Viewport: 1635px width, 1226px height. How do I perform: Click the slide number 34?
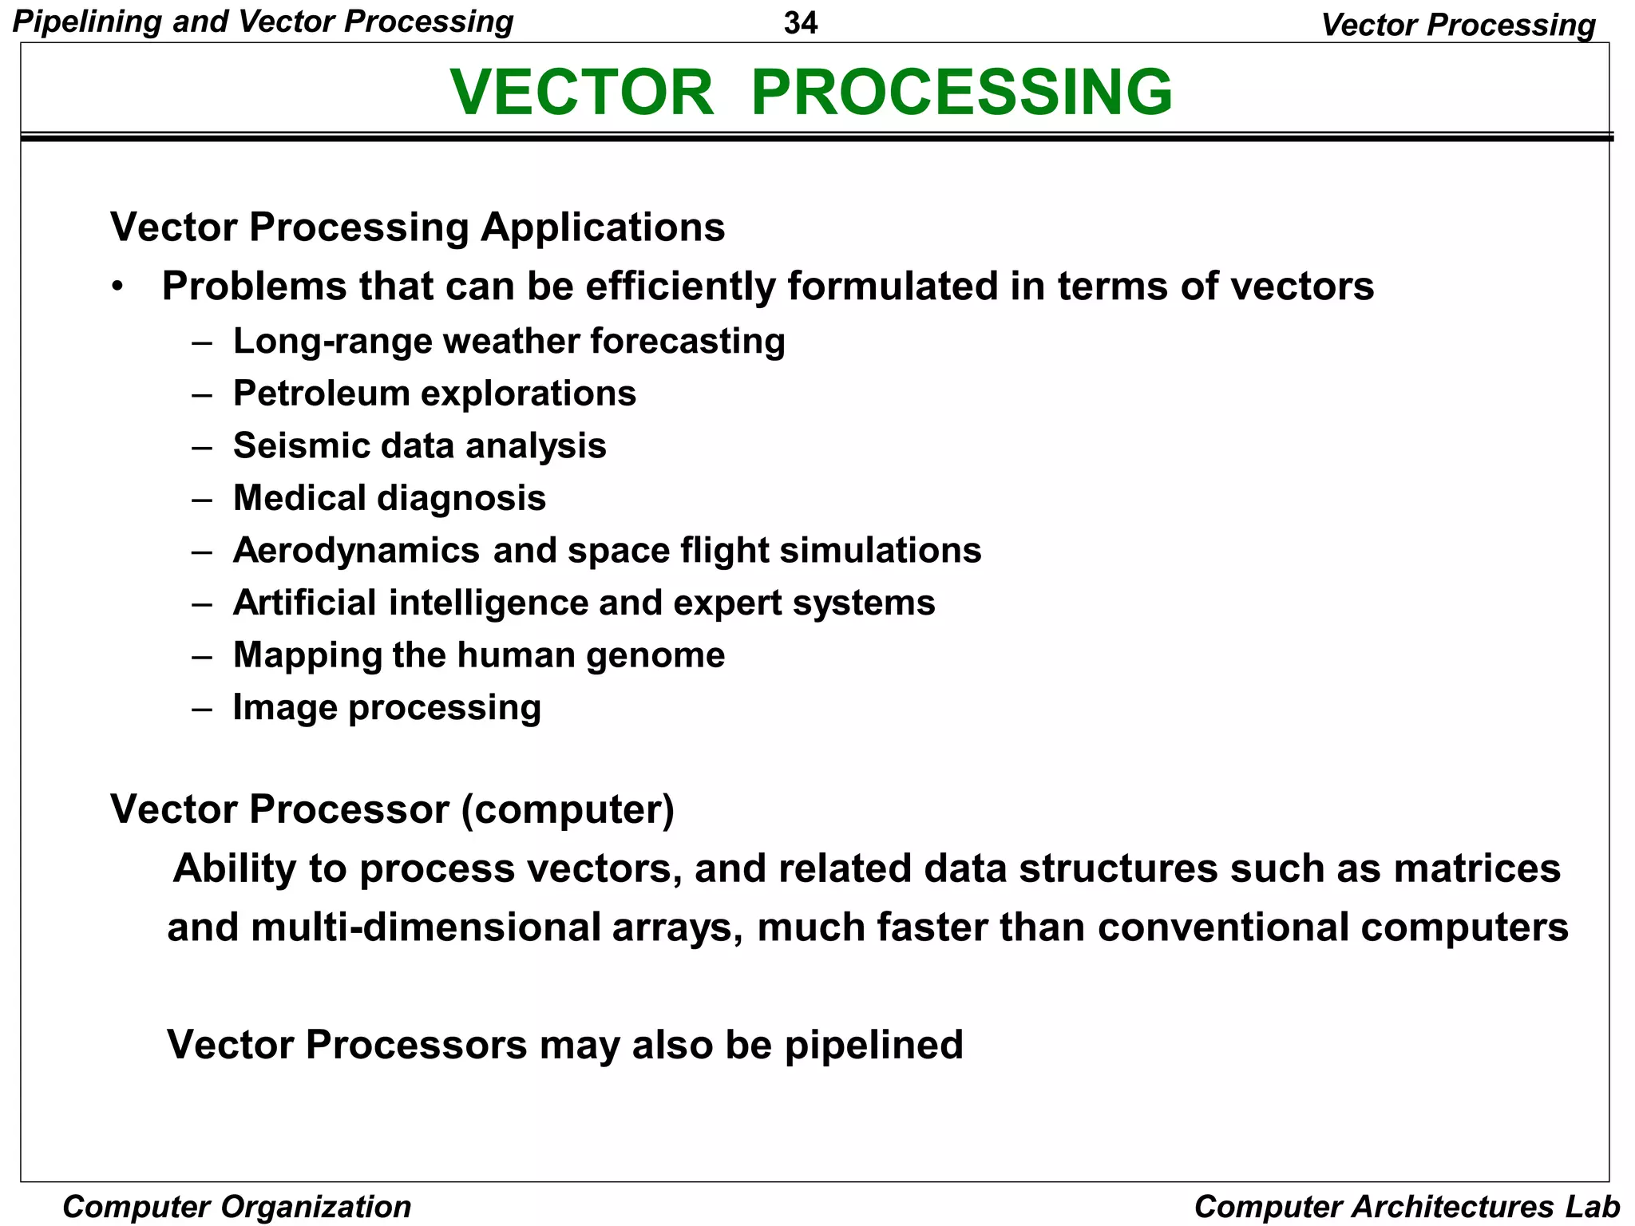point(800,23)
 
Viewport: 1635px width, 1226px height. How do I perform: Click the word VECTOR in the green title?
point(581,93)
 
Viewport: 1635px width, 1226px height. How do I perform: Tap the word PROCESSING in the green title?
point(961,93)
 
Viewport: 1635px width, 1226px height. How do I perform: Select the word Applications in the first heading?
point(602,227)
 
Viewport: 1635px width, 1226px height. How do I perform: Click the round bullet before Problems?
point(118,287)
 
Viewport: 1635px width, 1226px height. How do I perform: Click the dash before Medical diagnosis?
point(202,499)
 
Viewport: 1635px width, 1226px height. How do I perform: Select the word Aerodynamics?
point(356,551)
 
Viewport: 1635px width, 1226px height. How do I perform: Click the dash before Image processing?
point(202,708)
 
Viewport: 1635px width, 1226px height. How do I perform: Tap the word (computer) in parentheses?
point(568,810)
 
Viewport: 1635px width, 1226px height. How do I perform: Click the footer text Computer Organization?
point(237,1207)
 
